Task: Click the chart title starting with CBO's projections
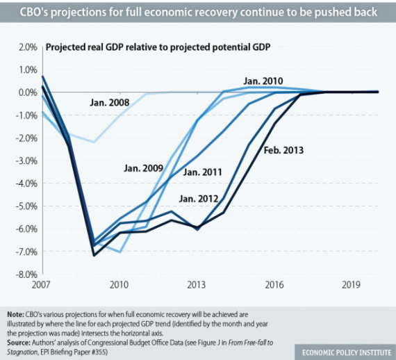pos(198,13)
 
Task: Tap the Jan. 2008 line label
pos(110,104)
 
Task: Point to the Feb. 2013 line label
pos(283,149)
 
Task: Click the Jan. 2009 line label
pos(143,167)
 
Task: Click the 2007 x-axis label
pos(42,285)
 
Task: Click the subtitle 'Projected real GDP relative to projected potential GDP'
pos(158,47)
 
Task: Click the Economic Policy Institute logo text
pos(343,350)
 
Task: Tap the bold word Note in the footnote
pos(14,314)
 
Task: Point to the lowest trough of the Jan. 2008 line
pos(93,142)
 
